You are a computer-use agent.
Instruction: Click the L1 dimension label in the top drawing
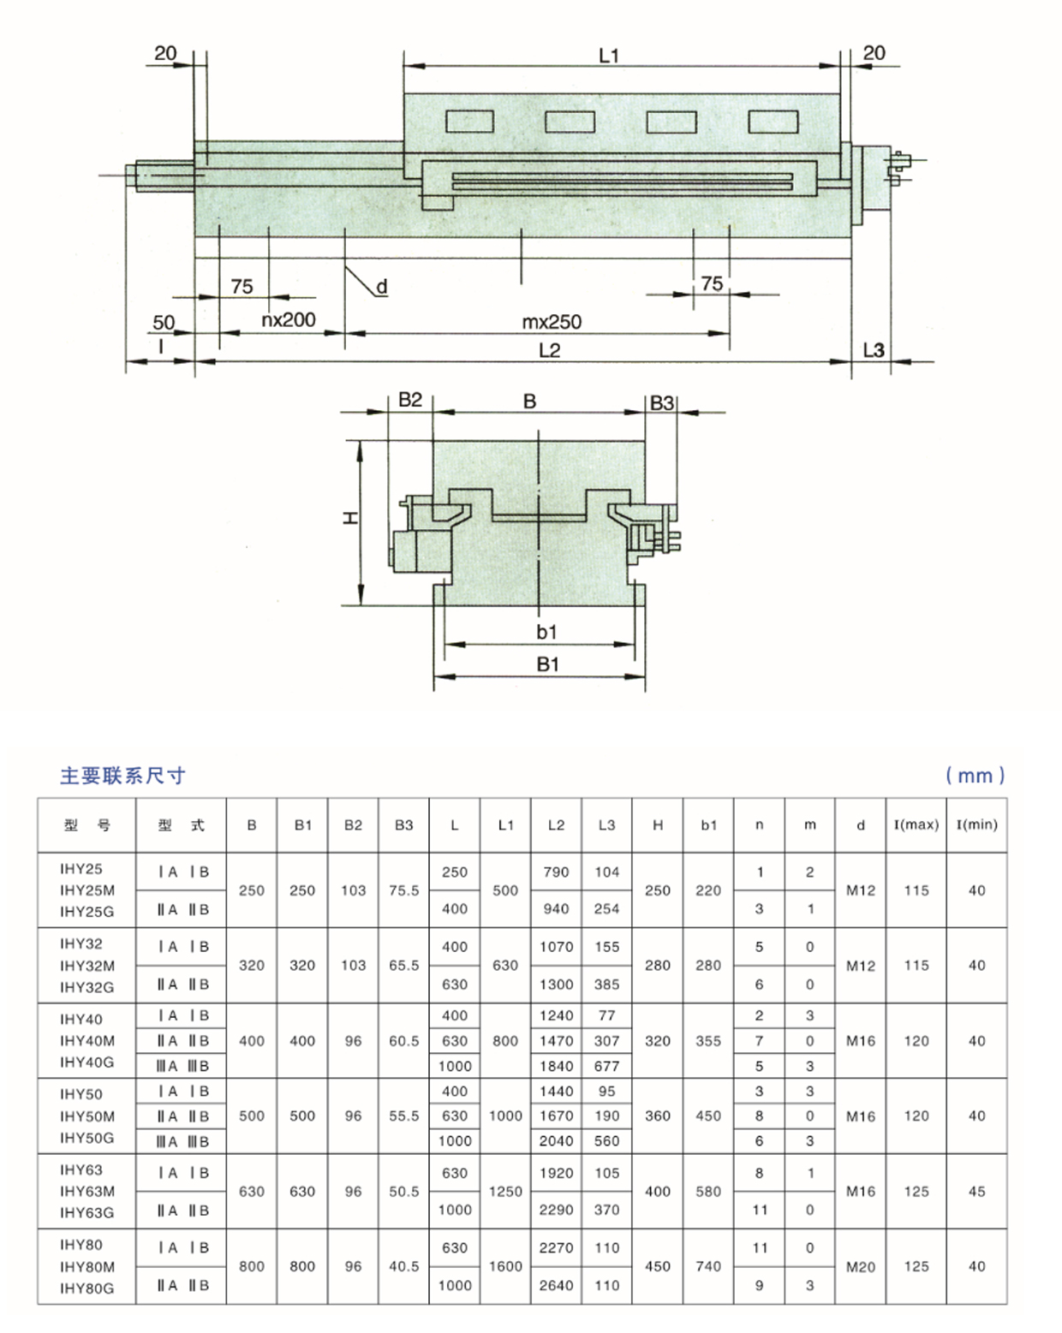pyautogui.click(x=608, y=56)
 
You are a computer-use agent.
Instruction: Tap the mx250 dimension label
pyautogui.click(x=552, y=322)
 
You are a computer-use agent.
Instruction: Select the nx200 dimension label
pyautogui.click(x=289, y=320)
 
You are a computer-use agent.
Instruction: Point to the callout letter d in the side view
pyautogui.click(x=382, y=286)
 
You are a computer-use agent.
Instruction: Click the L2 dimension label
pyautogui.click(x=549, y=350)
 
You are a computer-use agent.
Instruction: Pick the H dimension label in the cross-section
pyautogui.click(x=350, y=518)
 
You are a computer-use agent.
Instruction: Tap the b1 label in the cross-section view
pyautogui.click(x=546, y=632)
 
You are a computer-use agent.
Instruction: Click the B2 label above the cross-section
pyautogui.click(x=410, y=400)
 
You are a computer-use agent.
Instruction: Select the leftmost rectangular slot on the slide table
pyautogui.click(x=469, y=122)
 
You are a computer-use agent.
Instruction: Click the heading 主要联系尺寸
pyautogui.click(x=122, y=776)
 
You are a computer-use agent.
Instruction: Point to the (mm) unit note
pyautogui.click(x=975, y=776)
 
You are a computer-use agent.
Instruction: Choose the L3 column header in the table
pyautogui.click(x=606, y=825)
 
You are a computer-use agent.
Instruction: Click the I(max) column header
pyautogui.click(x=916, y=825)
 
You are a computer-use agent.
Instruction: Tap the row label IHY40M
pyautogui.click(x=87, y=1041)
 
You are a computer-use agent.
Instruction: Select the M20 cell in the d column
pyautogui.click(x=861, y=1267)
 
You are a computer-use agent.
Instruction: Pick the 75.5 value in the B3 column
pyautogui.click(x=403, y=890)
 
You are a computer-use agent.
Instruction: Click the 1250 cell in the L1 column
pyautogui.click(x=505, y=1192)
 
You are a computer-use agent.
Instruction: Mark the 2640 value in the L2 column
pyautogui.click(x=556, y=1285)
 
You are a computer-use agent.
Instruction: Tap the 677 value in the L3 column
pyautogui.click(x=606, y=1066)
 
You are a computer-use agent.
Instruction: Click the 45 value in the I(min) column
pyautogui.click(x=976, y=1192)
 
